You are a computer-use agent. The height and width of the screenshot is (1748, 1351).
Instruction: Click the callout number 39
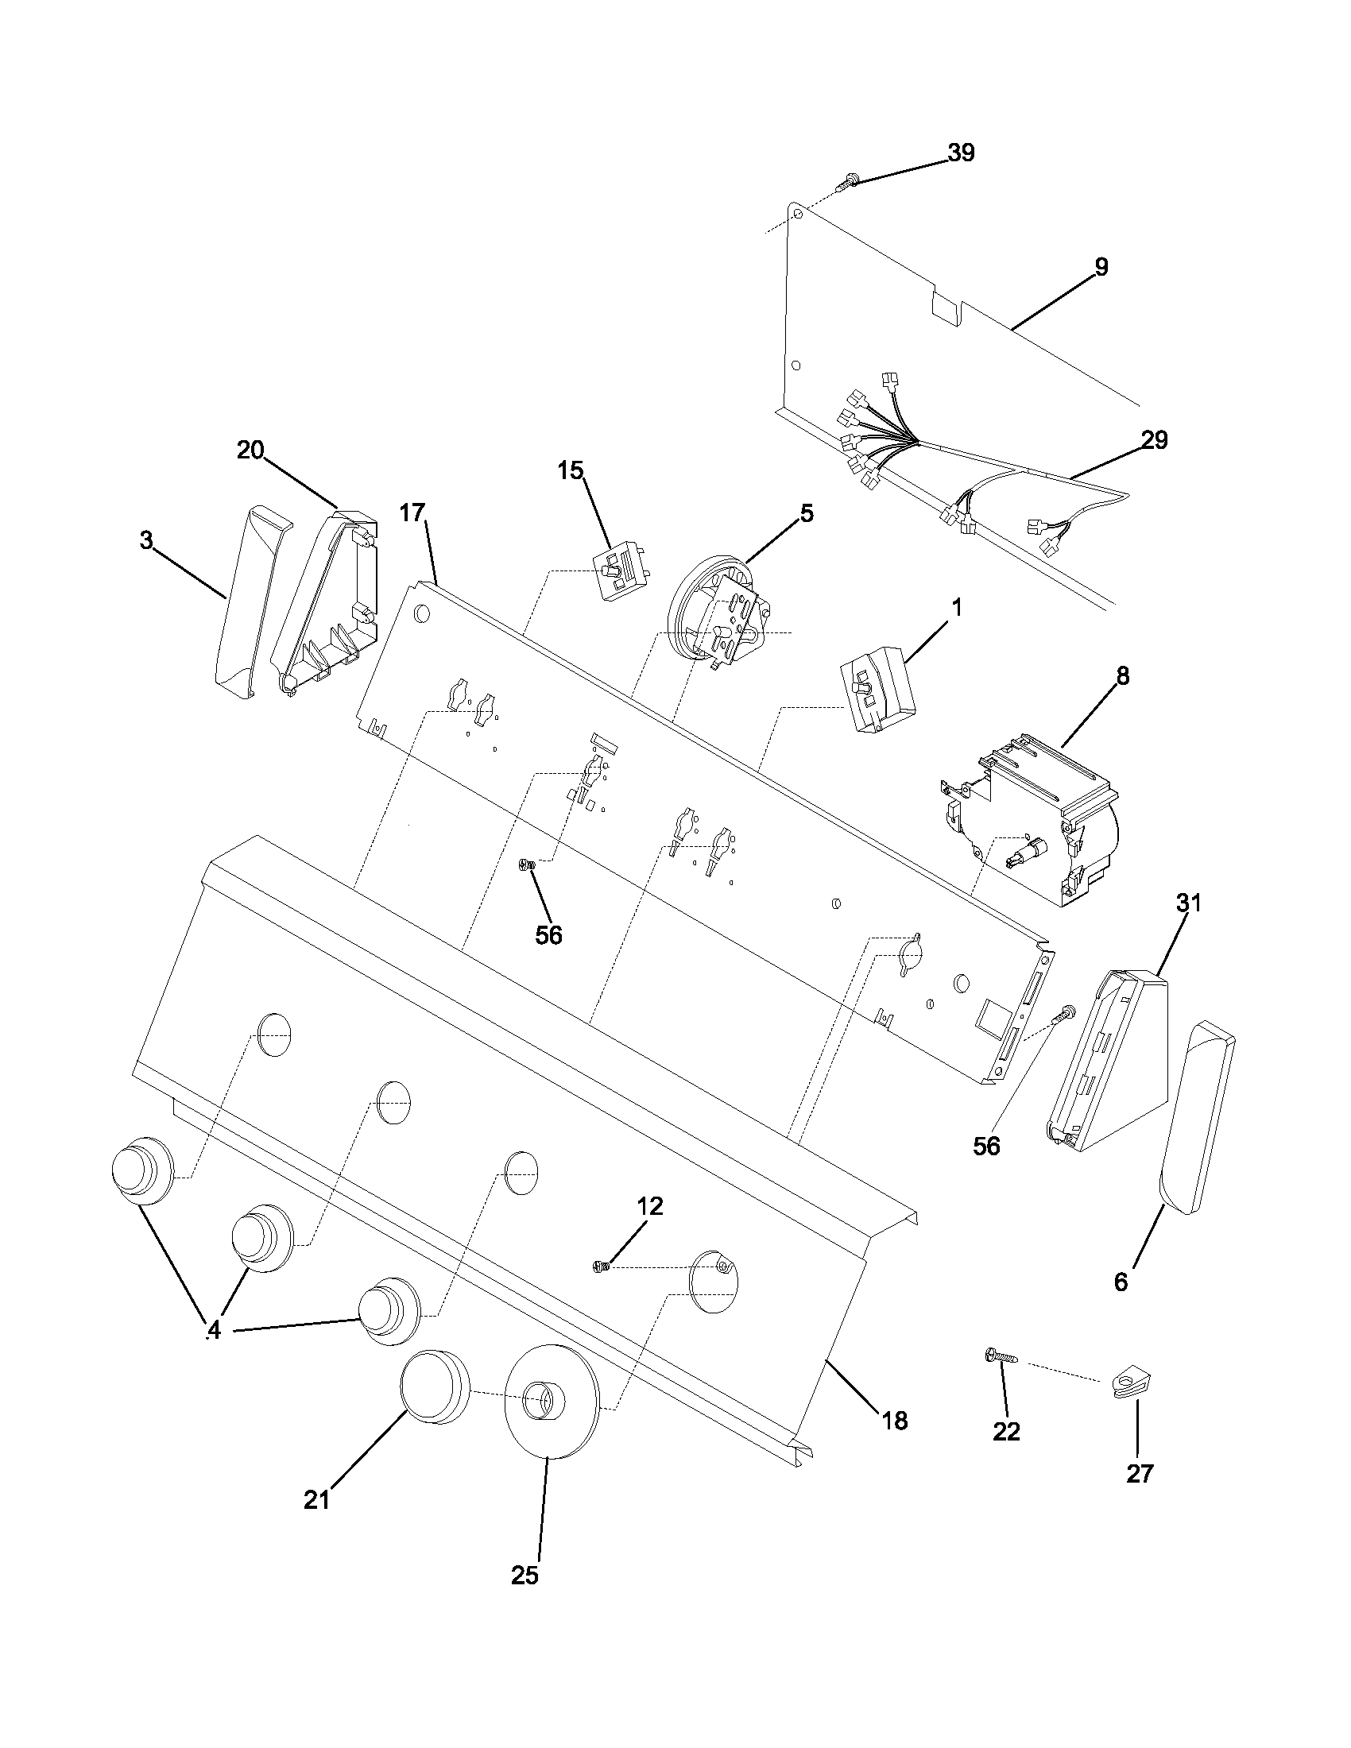tap(962, 153)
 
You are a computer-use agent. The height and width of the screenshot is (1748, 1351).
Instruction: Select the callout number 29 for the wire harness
tap(1155, 439)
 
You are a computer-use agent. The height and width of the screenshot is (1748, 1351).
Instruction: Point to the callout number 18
tap(895, 1421)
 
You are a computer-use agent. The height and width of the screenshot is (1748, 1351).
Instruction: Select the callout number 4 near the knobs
tap(213, 1330)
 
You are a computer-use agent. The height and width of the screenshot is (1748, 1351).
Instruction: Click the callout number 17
tap(412, 512)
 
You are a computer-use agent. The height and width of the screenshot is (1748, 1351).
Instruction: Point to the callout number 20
tap(250, 451)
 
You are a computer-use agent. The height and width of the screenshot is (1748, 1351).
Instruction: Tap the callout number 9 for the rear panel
tap(1101, 267)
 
